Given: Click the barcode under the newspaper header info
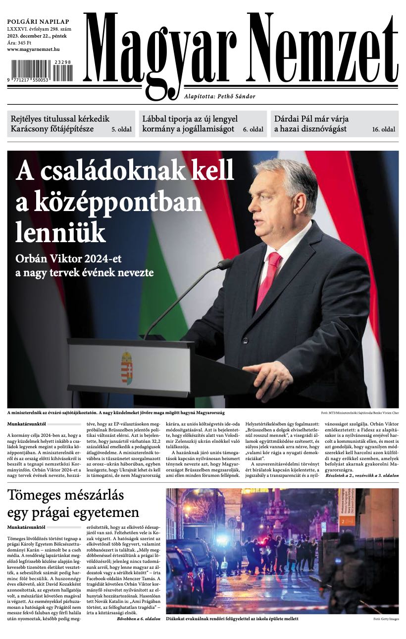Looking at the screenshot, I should coord(42,70).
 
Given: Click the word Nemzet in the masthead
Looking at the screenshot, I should coord(322,50).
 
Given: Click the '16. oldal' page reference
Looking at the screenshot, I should coord(384,130).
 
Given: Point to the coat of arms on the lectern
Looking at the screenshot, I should coord(127,368).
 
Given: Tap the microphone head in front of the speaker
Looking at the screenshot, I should coord(225,264).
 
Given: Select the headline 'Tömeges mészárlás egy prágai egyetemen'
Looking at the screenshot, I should coord(73,504).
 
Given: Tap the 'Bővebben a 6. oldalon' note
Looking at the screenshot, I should coord(139,619).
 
